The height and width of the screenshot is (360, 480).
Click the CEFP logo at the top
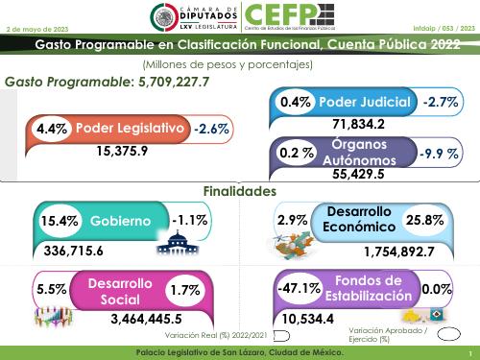(289, 16)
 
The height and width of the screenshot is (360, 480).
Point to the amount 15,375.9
(122, 151)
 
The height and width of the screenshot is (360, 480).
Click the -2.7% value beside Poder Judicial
(442, 101)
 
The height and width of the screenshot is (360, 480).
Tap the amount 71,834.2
(358, 124)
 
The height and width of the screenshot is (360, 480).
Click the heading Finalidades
(240, 191)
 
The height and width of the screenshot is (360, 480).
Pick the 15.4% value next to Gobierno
(58, 222)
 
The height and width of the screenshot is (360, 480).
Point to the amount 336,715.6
(87, 252)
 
